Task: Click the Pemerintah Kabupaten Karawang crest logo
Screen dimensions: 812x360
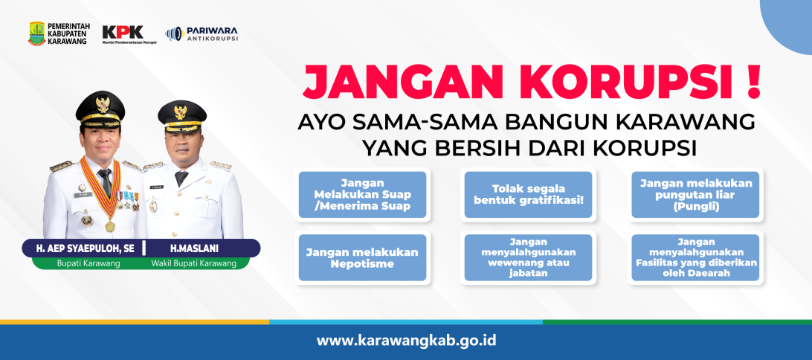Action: [36, 33]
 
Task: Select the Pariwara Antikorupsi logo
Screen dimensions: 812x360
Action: [202, 33]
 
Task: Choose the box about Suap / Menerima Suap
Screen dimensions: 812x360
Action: [363, 195]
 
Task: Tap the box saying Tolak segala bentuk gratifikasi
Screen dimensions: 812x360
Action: [528, 195]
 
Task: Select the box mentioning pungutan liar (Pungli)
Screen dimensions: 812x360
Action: [695, 195]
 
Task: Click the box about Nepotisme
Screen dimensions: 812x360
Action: [363, 257]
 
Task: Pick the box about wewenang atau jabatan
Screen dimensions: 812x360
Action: [528, 257]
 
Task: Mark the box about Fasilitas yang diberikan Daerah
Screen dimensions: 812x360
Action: [695, 257]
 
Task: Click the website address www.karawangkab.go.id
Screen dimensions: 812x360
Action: [407, 341]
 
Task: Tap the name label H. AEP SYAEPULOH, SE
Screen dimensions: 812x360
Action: [85, 248]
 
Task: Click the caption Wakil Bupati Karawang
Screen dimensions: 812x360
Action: [193, 263]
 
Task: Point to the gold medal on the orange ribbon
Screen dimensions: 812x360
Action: [110, 226]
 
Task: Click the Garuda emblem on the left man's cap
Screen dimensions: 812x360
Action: [103, 104]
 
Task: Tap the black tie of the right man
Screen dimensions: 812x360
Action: [181, 179]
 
